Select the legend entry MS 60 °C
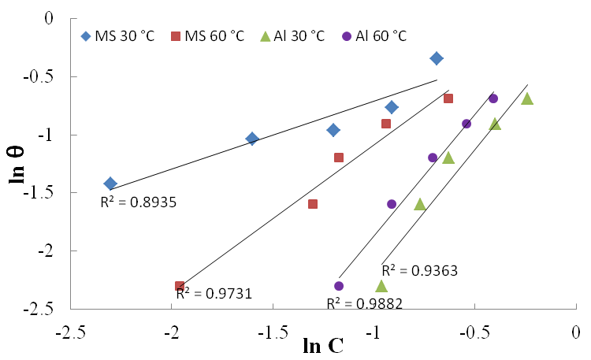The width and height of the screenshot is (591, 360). [x=207, y=35]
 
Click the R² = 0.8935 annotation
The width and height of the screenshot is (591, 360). [x=138, y=202]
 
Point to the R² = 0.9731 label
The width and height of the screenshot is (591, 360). [x=214, y=294]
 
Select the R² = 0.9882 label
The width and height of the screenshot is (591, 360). [x=365, y=303]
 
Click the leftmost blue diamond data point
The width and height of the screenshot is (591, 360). [x=110, y=184]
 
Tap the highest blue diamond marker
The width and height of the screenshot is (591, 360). [x=437, y=58]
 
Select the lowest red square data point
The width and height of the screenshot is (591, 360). [x=180, y=286]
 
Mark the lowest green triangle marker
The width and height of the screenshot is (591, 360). [x=381, y=286]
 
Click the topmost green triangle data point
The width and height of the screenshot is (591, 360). [x=527, y=98]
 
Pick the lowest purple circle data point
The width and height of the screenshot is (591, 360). [x=339, y=286]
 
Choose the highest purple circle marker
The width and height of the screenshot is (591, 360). [x=493, y=98]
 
